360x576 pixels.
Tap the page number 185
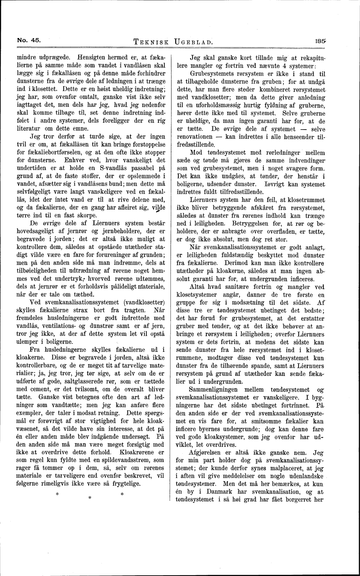tap(320, 39)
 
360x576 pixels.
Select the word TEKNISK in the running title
tap(150, 41)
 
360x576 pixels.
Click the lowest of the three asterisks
tap(90, 498)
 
